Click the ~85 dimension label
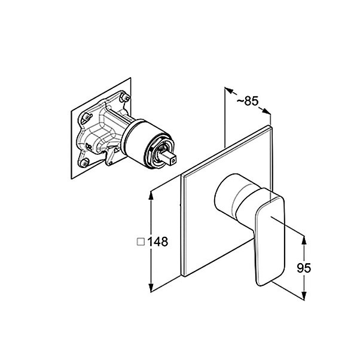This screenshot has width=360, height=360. pos(248,101)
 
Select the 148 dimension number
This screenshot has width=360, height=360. pos(158,242)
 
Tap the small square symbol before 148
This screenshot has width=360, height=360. pos(141,242)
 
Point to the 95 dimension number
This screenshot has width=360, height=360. pos(304,268)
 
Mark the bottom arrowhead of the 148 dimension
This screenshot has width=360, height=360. pos(151,288)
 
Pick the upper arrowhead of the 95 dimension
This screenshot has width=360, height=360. pos(304,240)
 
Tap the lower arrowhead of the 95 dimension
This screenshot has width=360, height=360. pos(304,295)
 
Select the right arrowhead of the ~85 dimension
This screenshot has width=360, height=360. pos(266,111)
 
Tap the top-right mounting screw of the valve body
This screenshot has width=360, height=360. pos(126,97)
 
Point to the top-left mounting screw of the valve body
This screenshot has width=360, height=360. pos(87,118)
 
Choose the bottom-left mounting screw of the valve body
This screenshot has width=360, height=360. pos(85,163)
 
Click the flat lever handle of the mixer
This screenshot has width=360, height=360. pos(269,237)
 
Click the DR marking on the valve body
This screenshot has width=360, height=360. pos(89,147)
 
